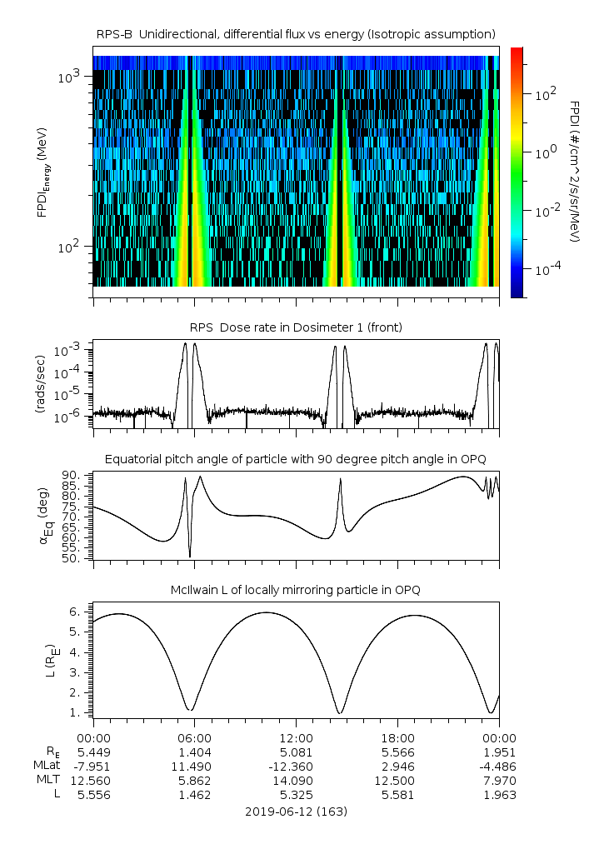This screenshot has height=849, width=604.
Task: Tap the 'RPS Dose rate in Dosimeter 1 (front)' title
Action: pos(296,327)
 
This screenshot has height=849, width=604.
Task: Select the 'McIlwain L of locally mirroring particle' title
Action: pos(296,590)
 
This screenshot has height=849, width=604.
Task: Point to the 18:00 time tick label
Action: pos(397,738)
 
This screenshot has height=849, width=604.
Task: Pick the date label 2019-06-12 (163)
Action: pos(296,811)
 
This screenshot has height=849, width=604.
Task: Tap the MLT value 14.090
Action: pos(296,781)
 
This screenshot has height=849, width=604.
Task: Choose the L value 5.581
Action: pos(397,795)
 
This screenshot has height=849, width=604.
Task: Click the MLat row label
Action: pos(47,767)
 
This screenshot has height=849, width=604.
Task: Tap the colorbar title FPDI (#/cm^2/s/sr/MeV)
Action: pos(574,172)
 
